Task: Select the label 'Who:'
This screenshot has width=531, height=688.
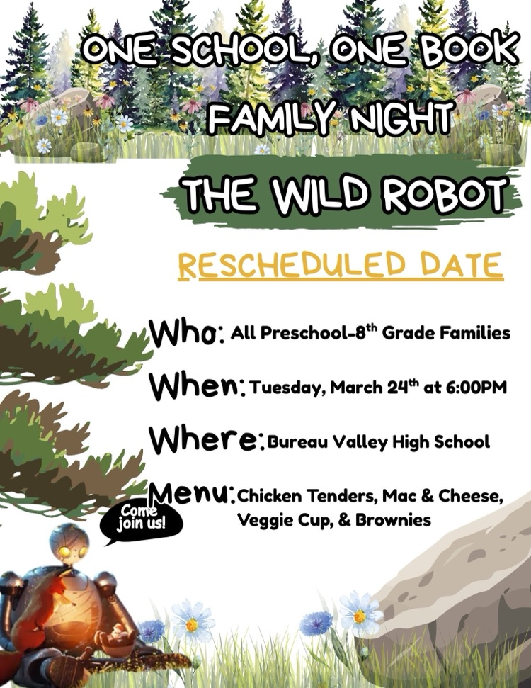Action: [187, 332]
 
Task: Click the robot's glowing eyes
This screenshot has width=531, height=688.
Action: [72, 551]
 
